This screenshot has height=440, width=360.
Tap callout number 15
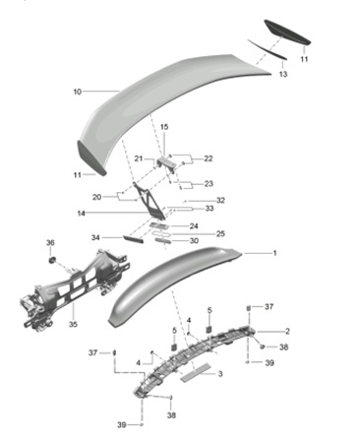point(165,127)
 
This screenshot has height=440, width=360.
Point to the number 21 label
point(140,158)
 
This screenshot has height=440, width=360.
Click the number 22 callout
point(209,158)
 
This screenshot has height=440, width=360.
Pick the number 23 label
point(209,184)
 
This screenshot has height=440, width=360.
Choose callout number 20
point(96,196)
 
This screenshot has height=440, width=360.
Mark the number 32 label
point(220,200)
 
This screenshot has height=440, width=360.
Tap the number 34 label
point(95,237)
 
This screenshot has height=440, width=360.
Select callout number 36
point(50,242)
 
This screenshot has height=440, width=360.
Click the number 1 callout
point(275,254)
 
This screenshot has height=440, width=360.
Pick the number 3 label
point(220,373)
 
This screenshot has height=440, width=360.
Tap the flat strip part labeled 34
point(134,236)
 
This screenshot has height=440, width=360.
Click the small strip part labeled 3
point(195,371)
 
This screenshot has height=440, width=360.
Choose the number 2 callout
point(287,331)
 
